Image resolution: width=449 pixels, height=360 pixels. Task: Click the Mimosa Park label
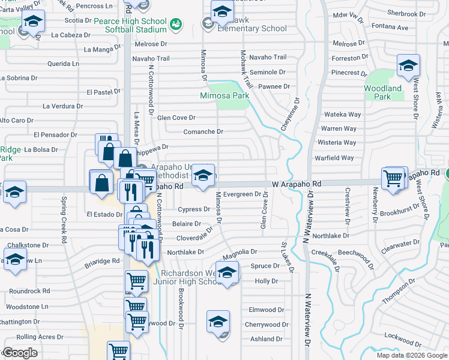point(224,95)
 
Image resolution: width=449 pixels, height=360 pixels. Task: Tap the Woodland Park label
point(382,92)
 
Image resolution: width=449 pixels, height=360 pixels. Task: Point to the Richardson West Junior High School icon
point(226,273)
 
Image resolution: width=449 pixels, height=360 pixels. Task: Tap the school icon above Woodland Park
point(408,65)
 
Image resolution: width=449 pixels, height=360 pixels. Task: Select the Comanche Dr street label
point(203,131)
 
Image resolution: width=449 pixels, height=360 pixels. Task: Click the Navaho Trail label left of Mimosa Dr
point(151,58)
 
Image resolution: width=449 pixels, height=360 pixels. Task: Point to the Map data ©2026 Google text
point(412,355)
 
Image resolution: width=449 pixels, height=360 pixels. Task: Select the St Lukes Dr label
point(287,257)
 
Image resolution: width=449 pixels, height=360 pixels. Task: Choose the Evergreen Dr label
point(242,194)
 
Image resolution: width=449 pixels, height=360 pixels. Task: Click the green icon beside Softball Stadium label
point(176,24)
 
